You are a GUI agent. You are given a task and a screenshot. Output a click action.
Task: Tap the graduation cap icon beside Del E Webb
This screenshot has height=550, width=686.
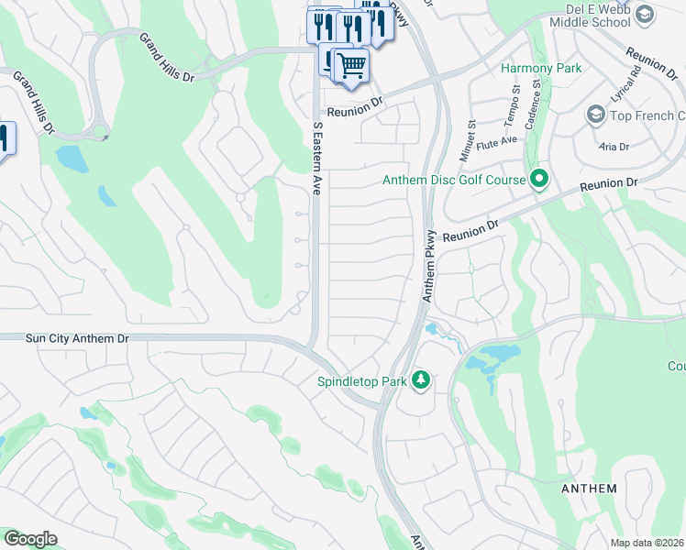click(645, 14)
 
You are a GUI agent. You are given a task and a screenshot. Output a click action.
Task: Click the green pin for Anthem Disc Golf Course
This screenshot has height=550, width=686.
click(539, 180)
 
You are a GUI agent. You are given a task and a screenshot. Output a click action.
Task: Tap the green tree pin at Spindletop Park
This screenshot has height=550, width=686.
click(421, 379)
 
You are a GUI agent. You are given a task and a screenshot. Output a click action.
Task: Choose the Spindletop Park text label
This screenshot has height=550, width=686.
click(361, 380)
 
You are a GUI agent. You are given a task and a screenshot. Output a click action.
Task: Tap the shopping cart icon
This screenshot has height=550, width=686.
click(351, 65)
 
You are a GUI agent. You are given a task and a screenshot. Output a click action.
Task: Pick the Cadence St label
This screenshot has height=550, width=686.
click(538, 96)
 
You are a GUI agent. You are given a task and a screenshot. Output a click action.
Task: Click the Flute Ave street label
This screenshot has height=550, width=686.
click(502, 140)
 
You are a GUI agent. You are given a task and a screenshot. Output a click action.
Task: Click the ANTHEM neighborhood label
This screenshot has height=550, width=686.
click(589, 489)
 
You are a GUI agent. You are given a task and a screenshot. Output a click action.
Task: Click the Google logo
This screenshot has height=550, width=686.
click(30, 539)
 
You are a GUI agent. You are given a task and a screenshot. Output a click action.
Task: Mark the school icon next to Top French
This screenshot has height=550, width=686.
click(595, 115)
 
